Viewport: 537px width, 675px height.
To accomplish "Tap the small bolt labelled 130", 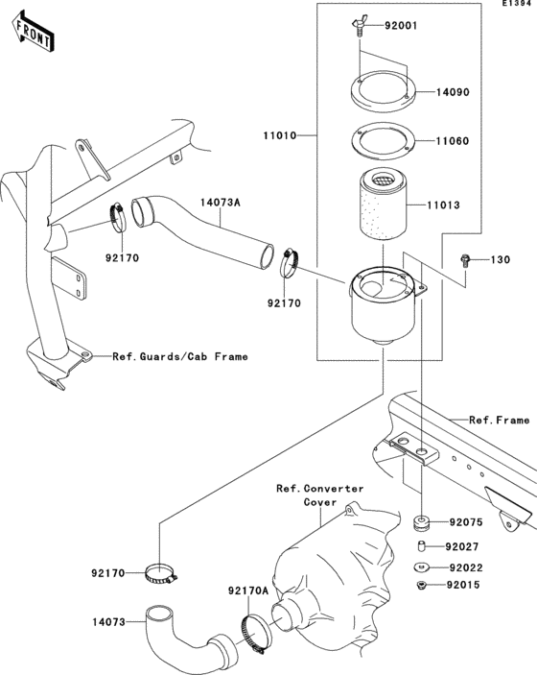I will click(x=465, y=259).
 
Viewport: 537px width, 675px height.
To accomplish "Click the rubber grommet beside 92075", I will click(x=420, y=523).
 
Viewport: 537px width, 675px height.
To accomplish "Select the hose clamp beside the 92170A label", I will click(x=254, y=631).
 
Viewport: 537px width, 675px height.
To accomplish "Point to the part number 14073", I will click(x=109, y=622).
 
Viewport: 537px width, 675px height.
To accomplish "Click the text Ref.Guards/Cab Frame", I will click(x=179, y=356).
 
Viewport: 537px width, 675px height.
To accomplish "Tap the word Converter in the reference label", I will click(x=331, y=489).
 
